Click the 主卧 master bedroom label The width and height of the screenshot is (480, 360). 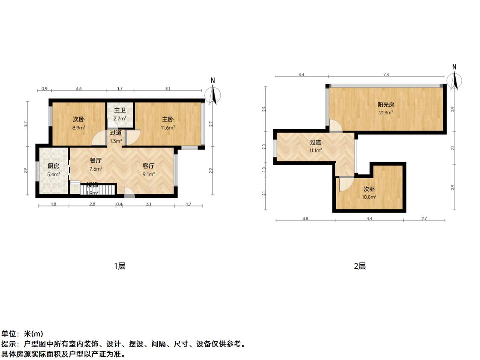coord(168,120)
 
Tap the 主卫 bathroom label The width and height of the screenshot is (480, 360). coord(119,110)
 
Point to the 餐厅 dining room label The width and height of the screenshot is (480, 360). coord(96,161)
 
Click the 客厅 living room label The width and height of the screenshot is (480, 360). coord(148,166)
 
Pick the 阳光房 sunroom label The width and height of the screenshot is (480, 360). coord(386,105)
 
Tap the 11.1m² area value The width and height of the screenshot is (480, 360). coord(315,150)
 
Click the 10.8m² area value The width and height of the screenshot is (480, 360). coord(369,197)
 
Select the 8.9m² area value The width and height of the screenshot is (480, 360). coord(79,128)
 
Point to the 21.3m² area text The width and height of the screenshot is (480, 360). coord(386,113)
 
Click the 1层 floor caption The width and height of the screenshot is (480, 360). coord(119,266)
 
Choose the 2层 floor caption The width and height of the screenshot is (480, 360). coord(360,266)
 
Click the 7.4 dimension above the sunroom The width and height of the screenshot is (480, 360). coord(386,75)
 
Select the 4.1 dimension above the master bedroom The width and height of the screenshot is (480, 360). coord(168,89)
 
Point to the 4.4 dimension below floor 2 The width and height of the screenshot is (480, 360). coord(369,219)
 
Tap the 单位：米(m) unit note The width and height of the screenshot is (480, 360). coord(22,334)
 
